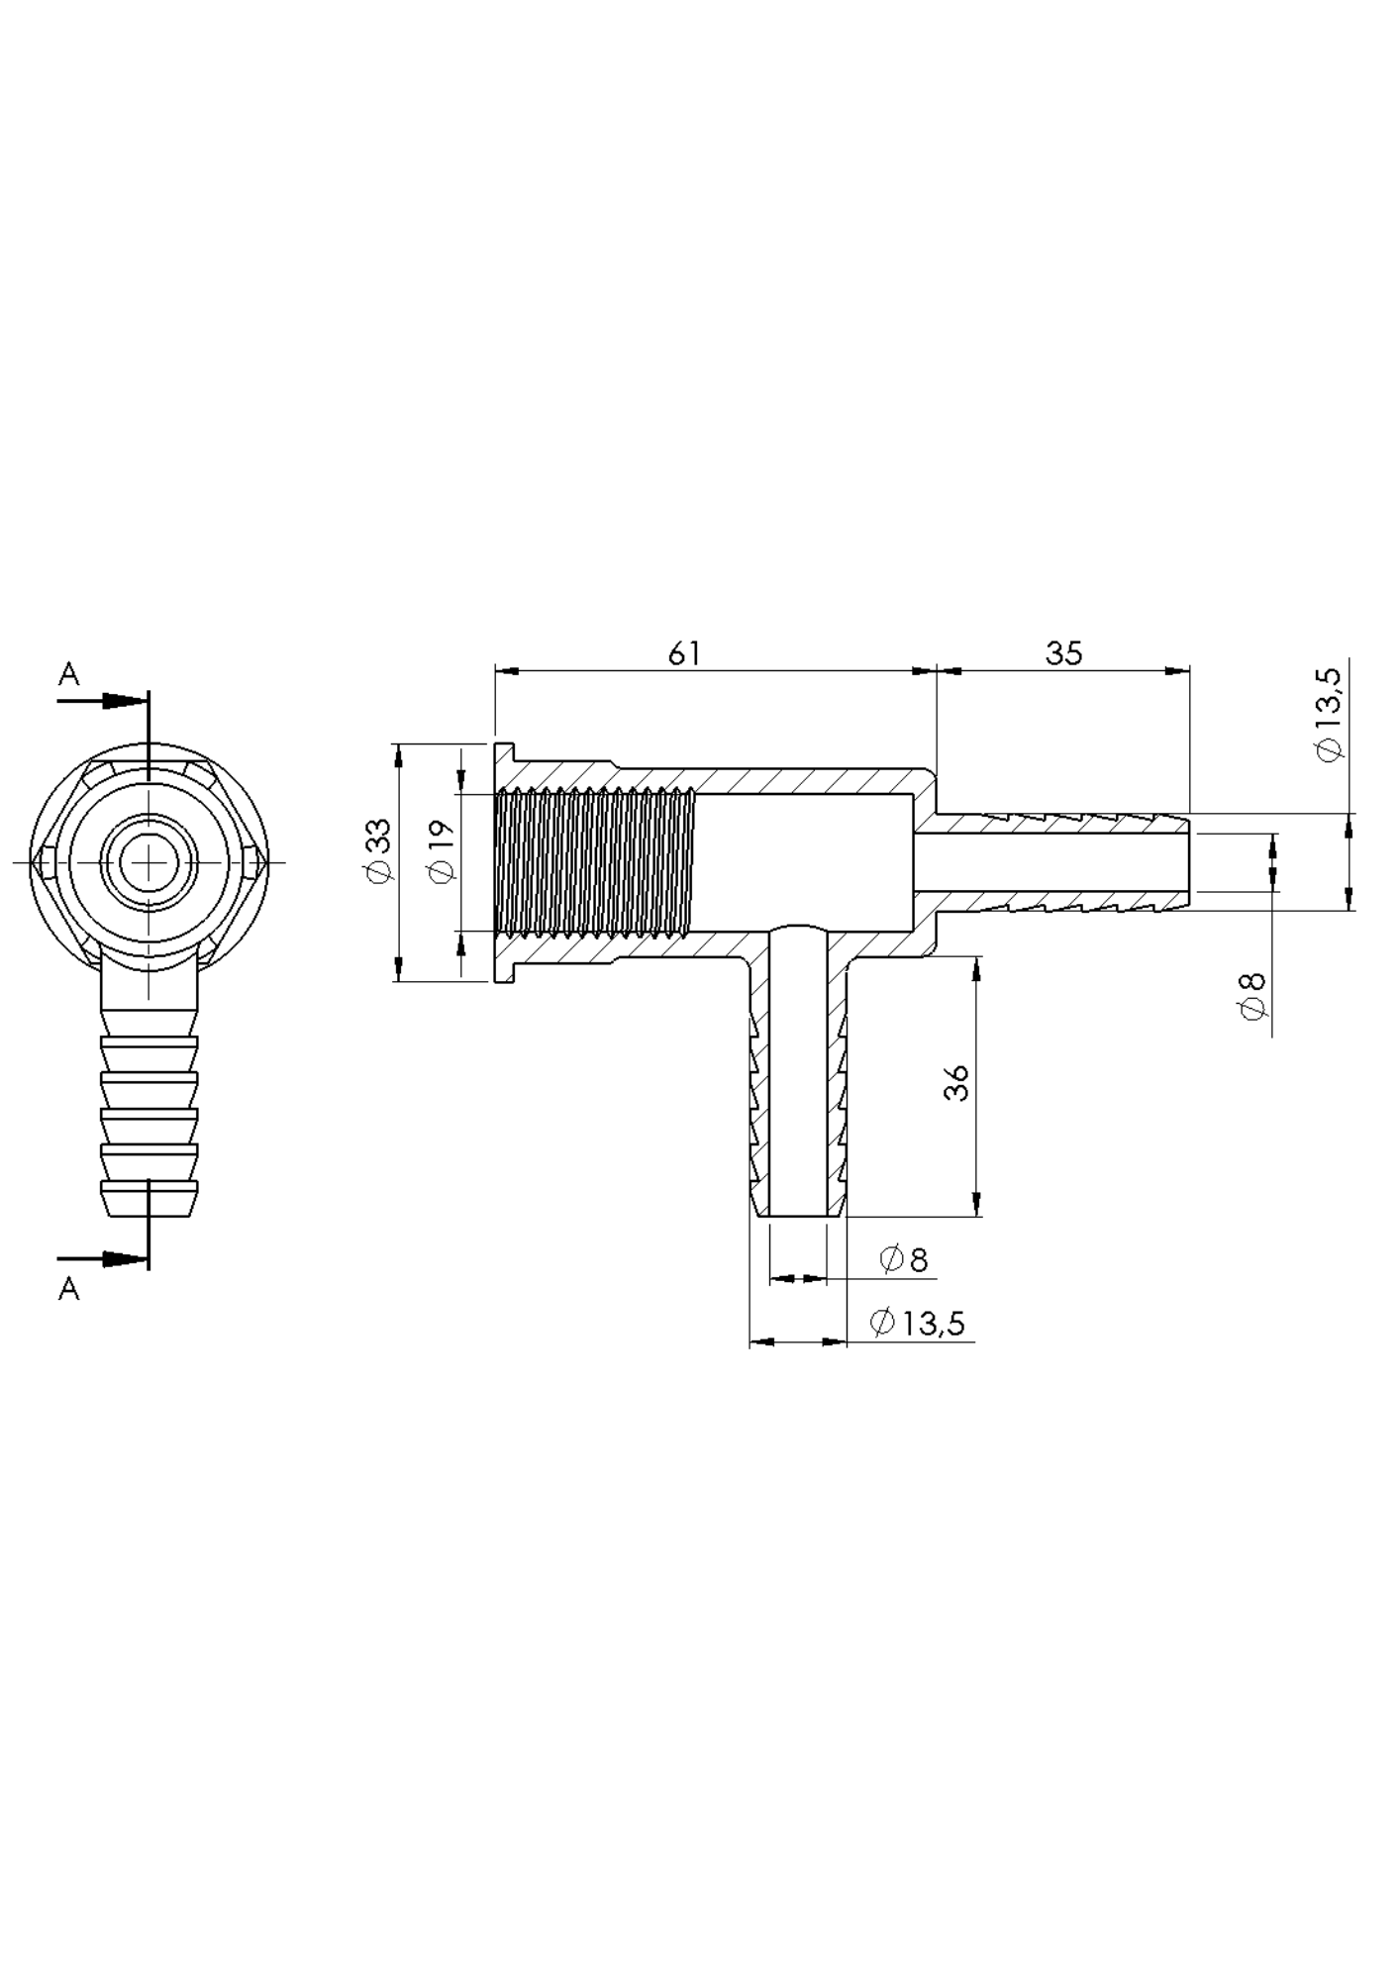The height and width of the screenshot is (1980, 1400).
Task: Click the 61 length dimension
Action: [x=685, y=653]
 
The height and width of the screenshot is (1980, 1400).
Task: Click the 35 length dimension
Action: [x=1064, y=653]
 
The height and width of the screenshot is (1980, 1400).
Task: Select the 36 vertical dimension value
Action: [x=956, y=1083]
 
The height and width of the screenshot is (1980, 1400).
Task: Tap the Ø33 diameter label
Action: [x=379, y=850]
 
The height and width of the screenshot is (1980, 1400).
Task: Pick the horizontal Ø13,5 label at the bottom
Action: [x=917, y=1323]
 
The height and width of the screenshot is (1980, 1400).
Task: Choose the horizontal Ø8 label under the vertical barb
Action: [x=903, y=1259]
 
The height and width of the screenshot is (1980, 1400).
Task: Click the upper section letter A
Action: [x=68, y=675]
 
